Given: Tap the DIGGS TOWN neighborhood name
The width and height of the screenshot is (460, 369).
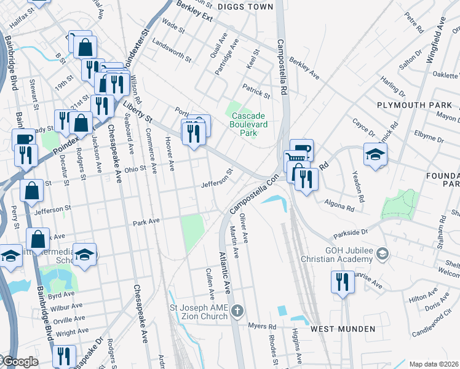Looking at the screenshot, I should (250, 7).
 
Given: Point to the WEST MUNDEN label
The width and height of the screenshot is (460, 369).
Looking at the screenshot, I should (343, 329).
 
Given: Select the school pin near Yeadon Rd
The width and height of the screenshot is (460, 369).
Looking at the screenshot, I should (375, 154).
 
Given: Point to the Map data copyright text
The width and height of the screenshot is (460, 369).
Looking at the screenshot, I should (434, 364).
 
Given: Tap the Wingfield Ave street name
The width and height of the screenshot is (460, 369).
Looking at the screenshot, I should (440, 41).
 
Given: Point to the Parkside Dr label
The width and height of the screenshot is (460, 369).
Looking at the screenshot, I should (350, 234).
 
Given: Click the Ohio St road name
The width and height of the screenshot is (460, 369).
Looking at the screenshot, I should (134, 169).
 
